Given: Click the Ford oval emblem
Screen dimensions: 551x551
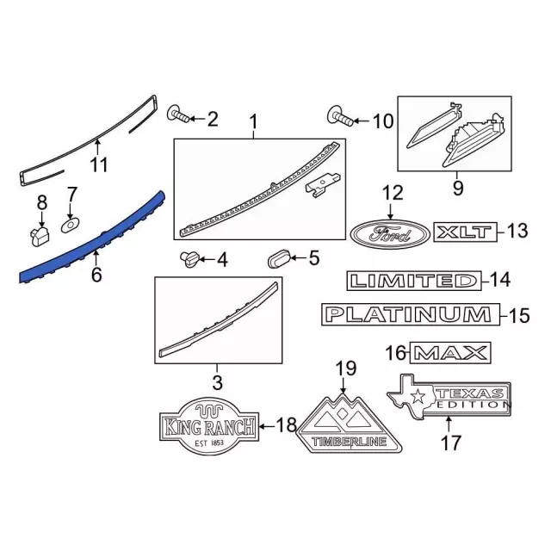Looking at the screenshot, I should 389,232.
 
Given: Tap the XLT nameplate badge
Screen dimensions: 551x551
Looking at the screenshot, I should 464,232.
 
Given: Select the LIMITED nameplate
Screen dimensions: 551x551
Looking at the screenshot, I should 412,281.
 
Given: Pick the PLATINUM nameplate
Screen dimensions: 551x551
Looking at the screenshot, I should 409,315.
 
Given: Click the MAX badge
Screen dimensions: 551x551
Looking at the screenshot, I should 449,352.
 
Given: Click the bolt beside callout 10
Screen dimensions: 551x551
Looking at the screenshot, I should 337,116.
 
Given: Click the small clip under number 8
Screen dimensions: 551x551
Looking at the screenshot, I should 37,232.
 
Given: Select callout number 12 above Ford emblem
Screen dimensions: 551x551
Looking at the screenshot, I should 393,193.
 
